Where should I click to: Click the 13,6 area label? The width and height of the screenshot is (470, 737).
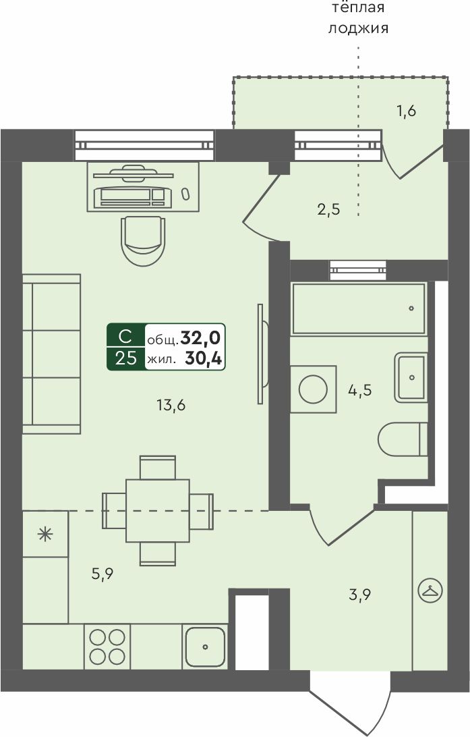[171, 404]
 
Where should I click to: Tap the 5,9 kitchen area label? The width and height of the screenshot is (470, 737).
[102, 574]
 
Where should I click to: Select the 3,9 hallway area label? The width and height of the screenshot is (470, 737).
[360, 595]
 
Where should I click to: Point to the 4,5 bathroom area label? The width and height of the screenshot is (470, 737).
[360, 389]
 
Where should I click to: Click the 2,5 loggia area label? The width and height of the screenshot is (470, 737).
[328, 209]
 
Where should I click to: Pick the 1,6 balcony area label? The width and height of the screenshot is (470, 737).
[407, 111]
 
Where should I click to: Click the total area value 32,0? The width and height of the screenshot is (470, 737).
[200, 337]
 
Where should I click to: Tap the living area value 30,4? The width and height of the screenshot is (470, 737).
[203, 358]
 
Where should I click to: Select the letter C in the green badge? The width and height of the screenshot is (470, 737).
[125, 337]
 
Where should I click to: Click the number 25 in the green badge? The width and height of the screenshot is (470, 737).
[126, 358]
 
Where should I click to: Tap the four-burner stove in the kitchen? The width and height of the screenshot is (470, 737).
[107, 647]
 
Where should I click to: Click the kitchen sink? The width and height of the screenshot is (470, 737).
[205, 647]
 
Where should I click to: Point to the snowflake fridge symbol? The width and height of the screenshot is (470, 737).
[45, 535]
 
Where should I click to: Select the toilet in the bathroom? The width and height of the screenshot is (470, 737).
[403, 439]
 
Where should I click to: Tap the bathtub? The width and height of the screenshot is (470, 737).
[359, 308]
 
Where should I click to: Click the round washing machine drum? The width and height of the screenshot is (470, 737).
[313, 389]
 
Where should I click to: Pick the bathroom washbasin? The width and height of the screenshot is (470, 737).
[411, 377]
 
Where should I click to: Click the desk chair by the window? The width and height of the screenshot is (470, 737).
[143, 241]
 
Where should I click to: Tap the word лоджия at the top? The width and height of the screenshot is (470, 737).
[358, 28]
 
